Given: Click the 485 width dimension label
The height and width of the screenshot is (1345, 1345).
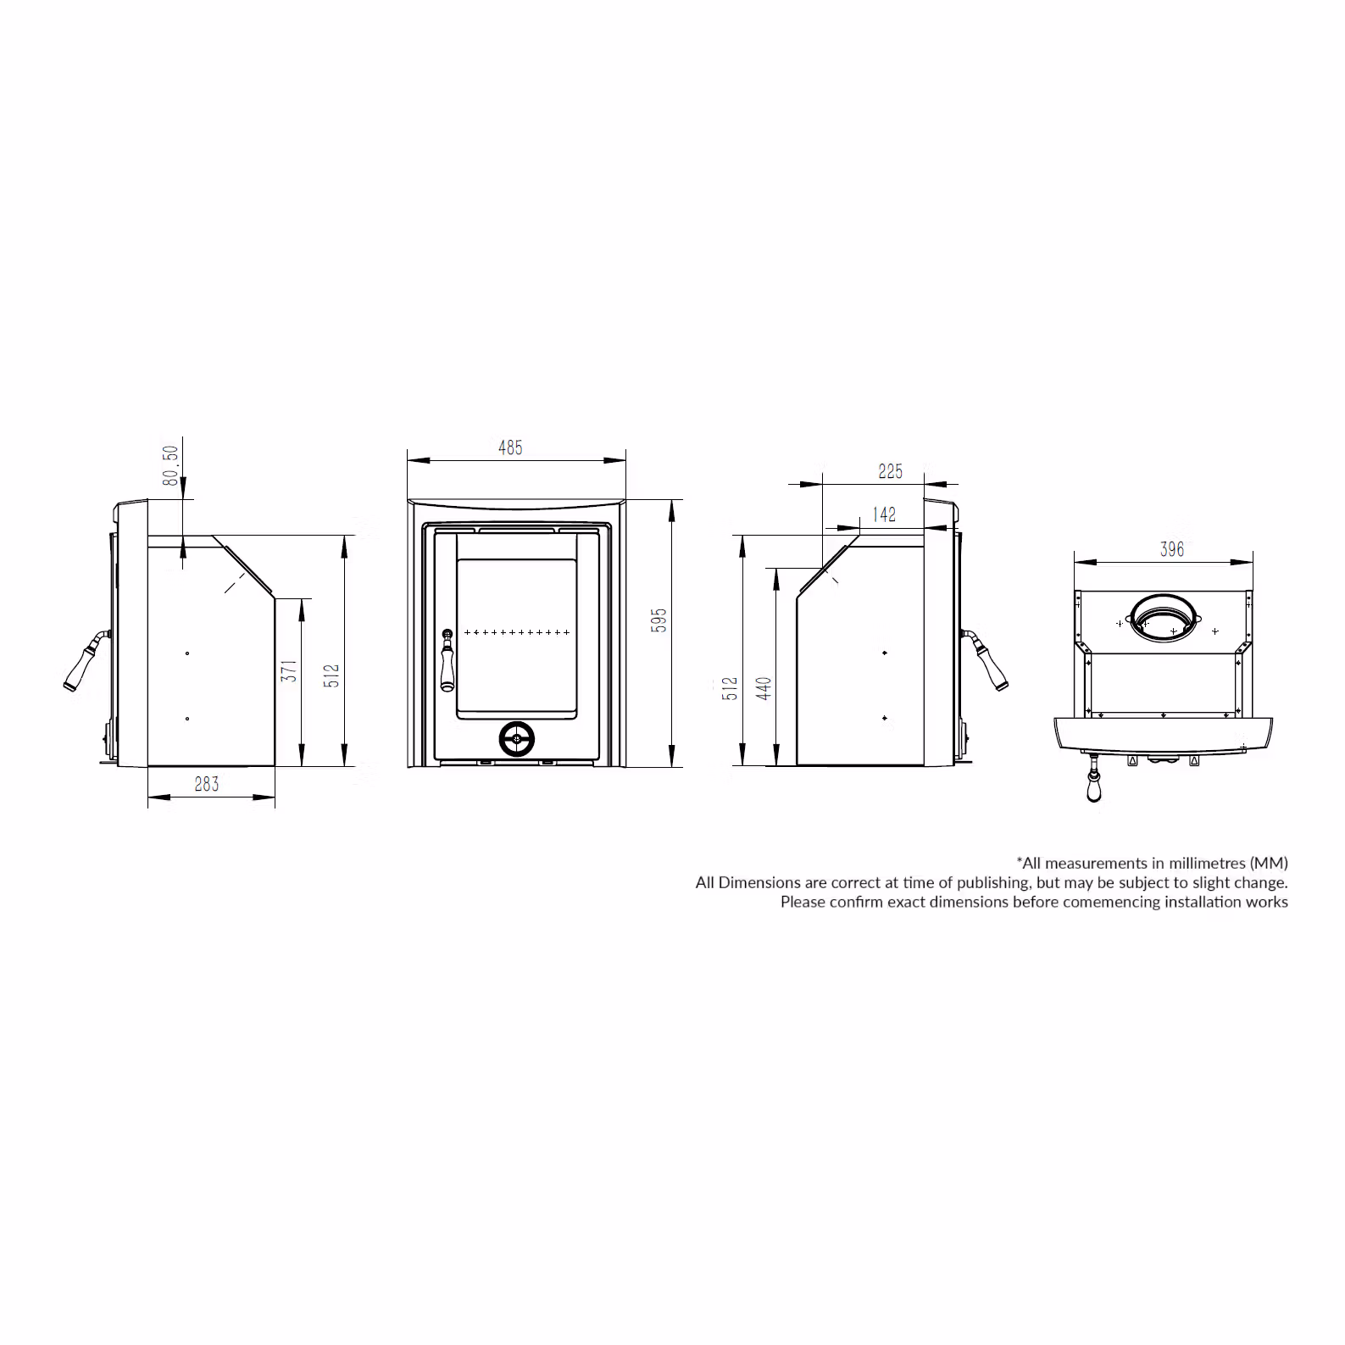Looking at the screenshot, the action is [510, 447].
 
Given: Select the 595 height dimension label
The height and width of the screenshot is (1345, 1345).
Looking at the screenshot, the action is [659, 620].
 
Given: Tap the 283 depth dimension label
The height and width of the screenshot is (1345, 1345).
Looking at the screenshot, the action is [207, 784].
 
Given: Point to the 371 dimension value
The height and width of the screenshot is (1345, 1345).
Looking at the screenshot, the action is [290, 671].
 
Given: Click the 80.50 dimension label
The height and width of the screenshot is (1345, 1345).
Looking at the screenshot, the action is [171, 465].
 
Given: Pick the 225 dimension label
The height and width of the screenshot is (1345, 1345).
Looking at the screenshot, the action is [891, 471].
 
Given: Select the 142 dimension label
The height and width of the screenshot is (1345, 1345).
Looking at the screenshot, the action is [884, 514].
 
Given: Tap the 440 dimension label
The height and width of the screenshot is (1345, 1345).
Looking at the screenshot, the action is [764, 688].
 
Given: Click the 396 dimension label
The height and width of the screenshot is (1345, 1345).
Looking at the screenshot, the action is [1172, 549].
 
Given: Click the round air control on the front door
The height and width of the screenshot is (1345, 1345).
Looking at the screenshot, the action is [516, 739].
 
